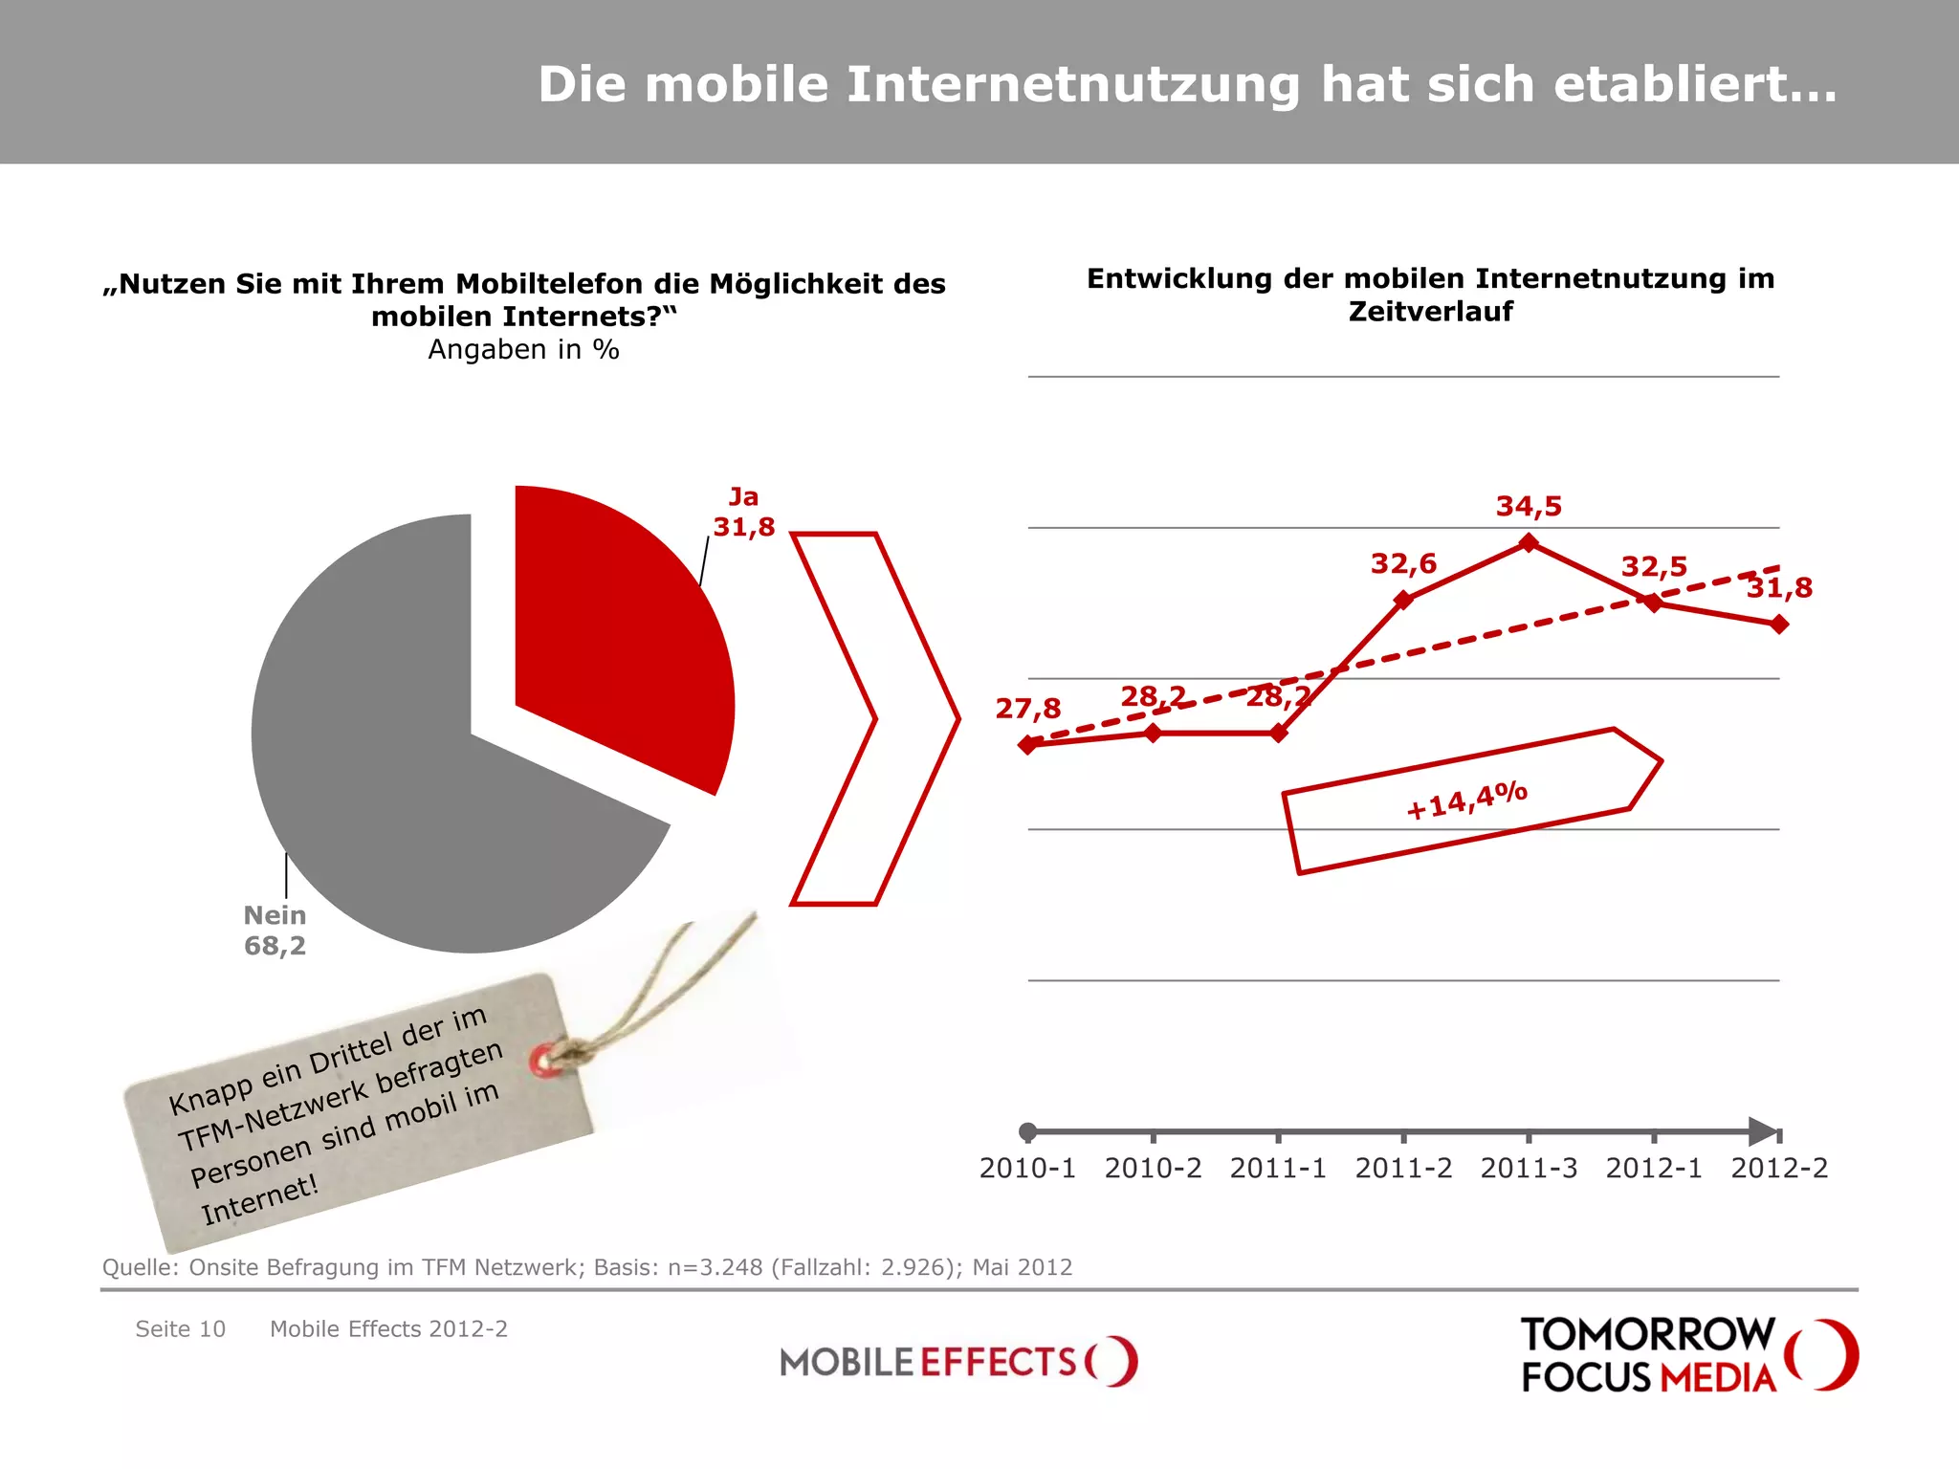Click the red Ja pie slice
(x=612, y=631)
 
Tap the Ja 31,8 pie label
(x=743, y=513)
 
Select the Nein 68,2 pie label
(x=275, y=931)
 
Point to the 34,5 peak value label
(x=1529, y=507)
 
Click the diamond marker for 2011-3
(x=1529, y=543)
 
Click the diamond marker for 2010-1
(x=1028, y=745)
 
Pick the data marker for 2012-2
(x=1779, y=625)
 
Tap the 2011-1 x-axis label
(x=1278, y=1169)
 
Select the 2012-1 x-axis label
(x=1654, y=1169)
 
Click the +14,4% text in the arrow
(x=1466, y=800)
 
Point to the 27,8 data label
(x=1028, y=709)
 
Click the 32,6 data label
(x=1403, y=564)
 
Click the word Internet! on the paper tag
(x=259, y=1201)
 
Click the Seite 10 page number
(x=180, y=1329)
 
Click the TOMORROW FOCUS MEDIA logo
(x=1688, y=1355)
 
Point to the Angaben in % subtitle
(x=523, y=350)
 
